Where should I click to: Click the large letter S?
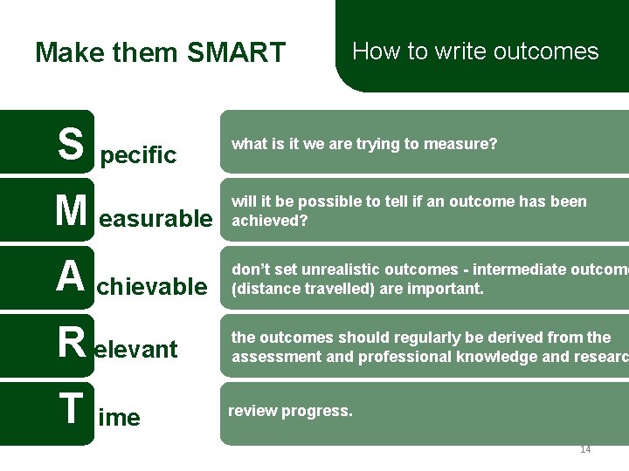[72, 144]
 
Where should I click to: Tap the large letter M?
[71, 211]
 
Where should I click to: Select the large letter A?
[70, 277]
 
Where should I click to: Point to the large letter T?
[71, 410]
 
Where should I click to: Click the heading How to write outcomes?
[475, 51]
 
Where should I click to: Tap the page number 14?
[584, 449]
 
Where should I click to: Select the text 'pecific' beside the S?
[138, 156]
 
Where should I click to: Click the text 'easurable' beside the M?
[156, 220]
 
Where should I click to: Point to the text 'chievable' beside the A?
[152, 287]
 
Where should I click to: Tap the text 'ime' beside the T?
[120, 418]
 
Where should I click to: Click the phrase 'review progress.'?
[290, 411]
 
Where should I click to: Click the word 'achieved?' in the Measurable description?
[269, 221]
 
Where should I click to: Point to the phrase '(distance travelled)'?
[294, 288]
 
